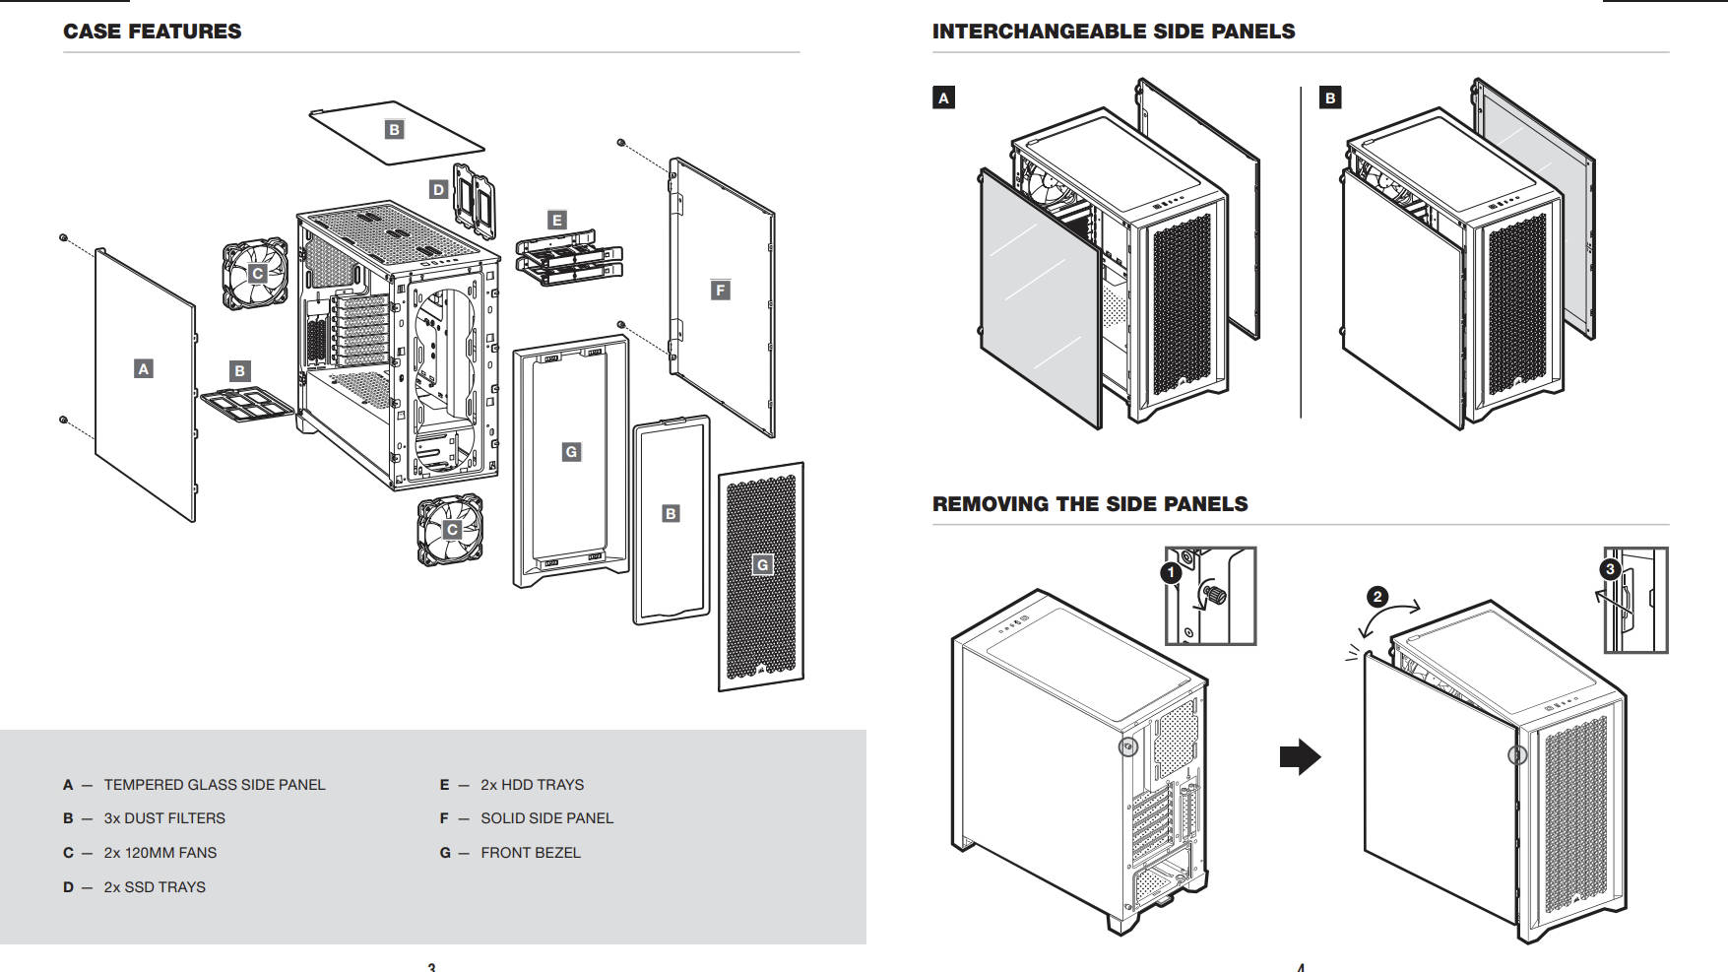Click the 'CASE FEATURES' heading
pyautogui.click(x=152, y=32)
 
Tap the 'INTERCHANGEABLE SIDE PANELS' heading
pyautogui.click(x=1113, y=32)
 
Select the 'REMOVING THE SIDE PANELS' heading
pyautogui.click(x=1089, y=504)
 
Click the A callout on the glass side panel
pyautogui.click(x=144, y=369)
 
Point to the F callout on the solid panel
pyautogui.click(x=721, y=290)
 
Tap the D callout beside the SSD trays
pyautogui.click(x=439, y=189)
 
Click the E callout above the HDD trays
pyautogui.click(x=557, y=220)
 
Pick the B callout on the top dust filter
pyautogui.click(x=394, y=129)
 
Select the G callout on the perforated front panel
pyautogui.click(x=762, y=564)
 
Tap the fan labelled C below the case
pyautogui.click(x=451, y=530)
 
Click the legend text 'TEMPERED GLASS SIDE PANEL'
pyautogui.click(x=214, y=785)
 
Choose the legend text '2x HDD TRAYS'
pyautogui.click(x=532, y=785)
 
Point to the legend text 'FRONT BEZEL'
pyautogui.click(x=530, y=853)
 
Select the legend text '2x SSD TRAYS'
pyautogui.click(x=155, y=887)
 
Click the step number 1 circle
pyautogui.click(x=1171, y=572)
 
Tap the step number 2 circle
pyautogui.click(x=1377, y=597)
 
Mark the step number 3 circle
pyautogui.click(x=1610, y=569)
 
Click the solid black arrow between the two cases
pyautogui.click(x=1300, y=757)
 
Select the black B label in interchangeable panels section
pyautogui.click(x=1330, y=97)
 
